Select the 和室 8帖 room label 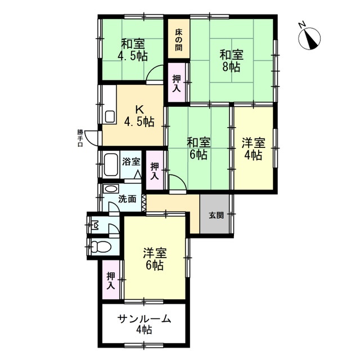(x=230, y=61)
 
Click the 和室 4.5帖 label (x=133, y=49)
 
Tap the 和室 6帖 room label (x=197, y=147)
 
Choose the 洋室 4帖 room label (x=252, y=147)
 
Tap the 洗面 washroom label (x=127, y=198)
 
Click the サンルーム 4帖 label (x=144, y=325)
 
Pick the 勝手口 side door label (x=80, y=138)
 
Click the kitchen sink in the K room (x=110, y=117)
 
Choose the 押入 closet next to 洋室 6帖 (x=111, y=281)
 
